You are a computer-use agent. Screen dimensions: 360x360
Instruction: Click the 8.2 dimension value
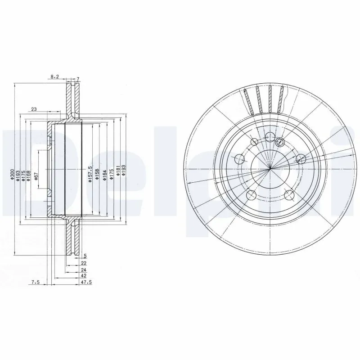pyautogui.click(x=54, y=77)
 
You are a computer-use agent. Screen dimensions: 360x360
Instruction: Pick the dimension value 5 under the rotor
pyautogui.click(x=84, y=255)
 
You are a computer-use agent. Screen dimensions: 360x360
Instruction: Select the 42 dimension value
pyautogui.click(x=84, y=275)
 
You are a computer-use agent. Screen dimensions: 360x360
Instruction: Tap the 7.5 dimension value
pyautogui.click(x=36, y=283)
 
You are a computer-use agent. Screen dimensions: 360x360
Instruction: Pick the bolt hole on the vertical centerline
pyautogui.click(x=270, y=137)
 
